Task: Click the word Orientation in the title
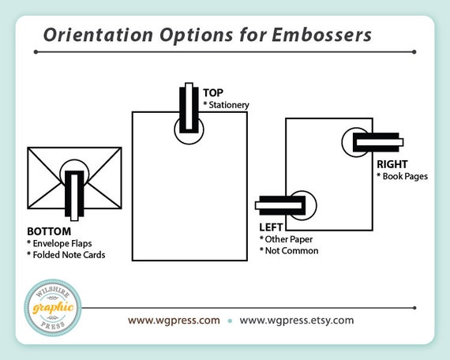click(x=98, y=35)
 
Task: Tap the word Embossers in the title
click(x=321, y=35)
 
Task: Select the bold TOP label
click(x=213, y=92)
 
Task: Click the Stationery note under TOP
click(x=229, y=105)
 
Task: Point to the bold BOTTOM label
click(x=49, y=231)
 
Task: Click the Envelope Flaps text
click(x=62, y=243)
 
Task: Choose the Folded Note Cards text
click(x=69, y=255)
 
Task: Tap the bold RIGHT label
click(x=392, y=164)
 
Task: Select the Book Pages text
click(x=405, y=176)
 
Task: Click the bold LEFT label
click(x=271, y=227)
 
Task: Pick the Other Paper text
click(x=289, y=239)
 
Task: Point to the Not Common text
click(x=291, y=250)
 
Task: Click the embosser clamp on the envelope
click(x=74, y=196)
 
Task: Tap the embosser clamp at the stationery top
click(x=189, y=108)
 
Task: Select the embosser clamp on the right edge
click(x=378, y=142)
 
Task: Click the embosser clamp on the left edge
click(x=280, y=205)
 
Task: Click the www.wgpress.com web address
click(x=174, y=321)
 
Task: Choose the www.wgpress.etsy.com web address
click(x=297, y=321)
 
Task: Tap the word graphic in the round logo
click(x=53, y=308)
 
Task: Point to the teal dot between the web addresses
click(x=230, y=321)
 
